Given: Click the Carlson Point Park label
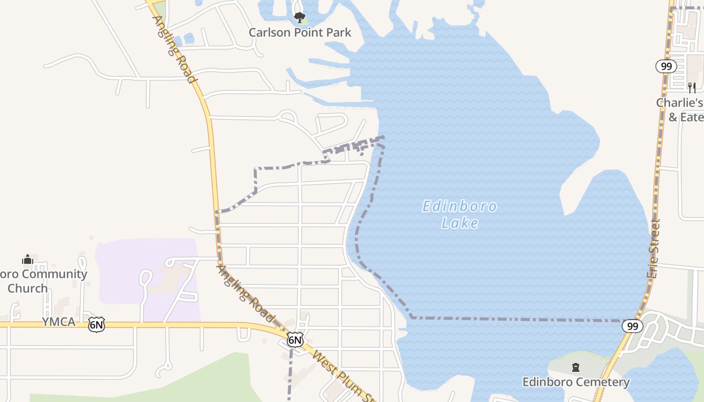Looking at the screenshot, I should pos(300,33).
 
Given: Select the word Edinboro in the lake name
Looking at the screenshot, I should pos(460,207).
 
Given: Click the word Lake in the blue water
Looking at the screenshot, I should pos(460,223).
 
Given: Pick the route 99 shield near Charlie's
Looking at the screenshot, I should pos(666,66).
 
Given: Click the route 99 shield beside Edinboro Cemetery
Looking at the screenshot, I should pos(633,326).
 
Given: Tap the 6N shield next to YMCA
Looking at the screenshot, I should pos(97,325).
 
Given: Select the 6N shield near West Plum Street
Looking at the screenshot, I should pos(295,340).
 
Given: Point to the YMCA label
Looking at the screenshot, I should pos(58,322).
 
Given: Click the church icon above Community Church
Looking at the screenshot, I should pos(28,259).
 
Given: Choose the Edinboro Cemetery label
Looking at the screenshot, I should pos(576,382).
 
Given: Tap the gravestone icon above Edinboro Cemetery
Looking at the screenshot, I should pos(576,368).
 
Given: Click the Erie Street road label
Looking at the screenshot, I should pos(653,249).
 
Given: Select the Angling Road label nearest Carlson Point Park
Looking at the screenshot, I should pos(174,49).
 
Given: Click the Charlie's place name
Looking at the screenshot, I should pos(679,103).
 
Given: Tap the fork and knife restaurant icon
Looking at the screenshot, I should pos(692,87).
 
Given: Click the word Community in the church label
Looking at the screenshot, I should pos(54,274).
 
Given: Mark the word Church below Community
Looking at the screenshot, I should pos(28,288).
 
